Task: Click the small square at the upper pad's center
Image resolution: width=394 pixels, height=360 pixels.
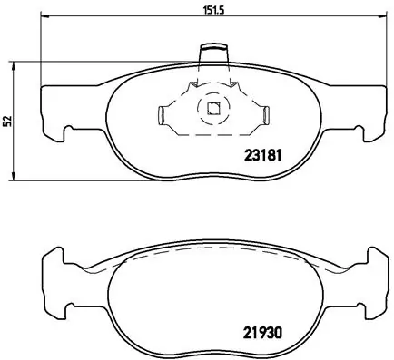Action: pyautogui.click(x=213, y=112)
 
